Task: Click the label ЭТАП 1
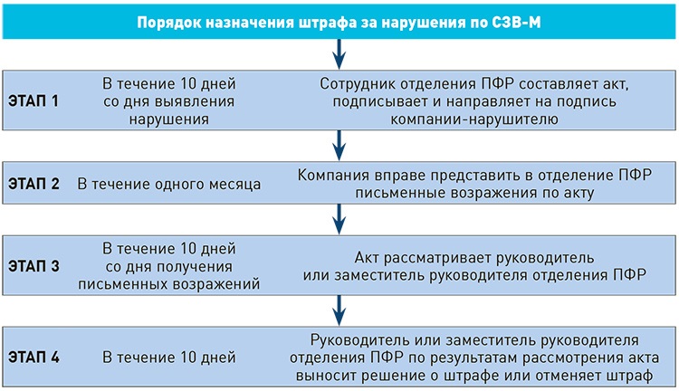pos(33,101)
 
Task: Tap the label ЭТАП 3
pos(33,267)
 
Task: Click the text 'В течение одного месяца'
pos(169,185)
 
